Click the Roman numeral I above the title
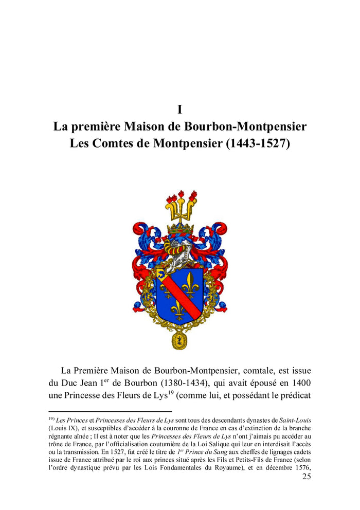point(180,109)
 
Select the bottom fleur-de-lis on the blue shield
point(177,309)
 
